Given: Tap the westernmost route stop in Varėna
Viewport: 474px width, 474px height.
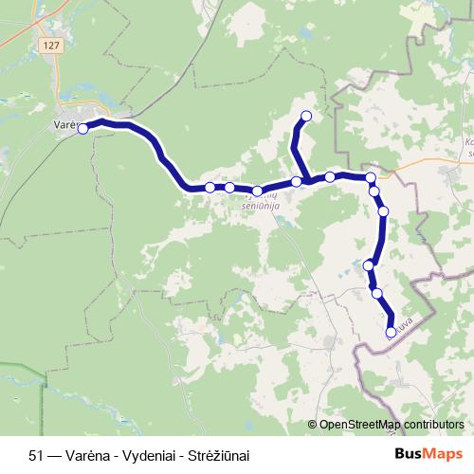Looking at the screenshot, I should (82, 129).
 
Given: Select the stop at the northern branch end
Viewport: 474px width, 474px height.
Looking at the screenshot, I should (306, 117).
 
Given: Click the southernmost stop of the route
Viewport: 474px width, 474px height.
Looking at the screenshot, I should (391, 332).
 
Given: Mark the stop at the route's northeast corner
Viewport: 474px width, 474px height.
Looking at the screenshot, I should (371, 177).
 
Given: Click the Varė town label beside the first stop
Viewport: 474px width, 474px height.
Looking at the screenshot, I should (64, 124).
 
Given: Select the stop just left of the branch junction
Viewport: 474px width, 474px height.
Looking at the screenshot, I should (297, 181).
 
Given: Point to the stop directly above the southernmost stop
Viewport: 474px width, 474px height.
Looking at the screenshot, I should (378, 294).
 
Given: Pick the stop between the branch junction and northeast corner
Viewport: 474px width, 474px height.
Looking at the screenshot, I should (330, 176).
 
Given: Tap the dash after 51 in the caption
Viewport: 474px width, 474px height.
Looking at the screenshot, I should (55, 455).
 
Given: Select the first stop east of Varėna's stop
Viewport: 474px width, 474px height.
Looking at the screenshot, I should (210, 188).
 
